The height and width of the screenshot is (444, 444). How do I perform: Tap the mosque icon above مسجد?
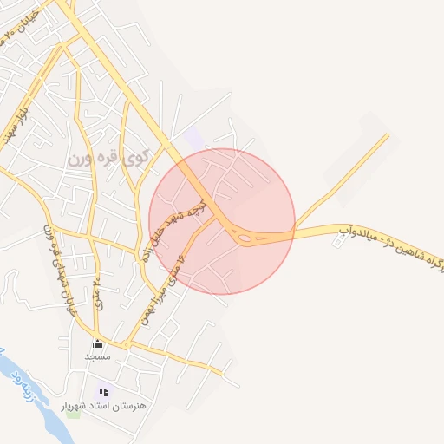coord(96,343)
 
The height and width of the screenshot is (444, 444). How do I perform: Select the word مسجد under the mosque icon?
coord(97,356)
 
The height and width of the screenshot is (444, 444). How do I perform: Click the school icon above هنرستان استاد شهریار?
coord(104,392)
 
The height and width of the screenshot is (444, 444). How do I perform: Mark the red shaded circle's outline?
coord(295,222)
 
